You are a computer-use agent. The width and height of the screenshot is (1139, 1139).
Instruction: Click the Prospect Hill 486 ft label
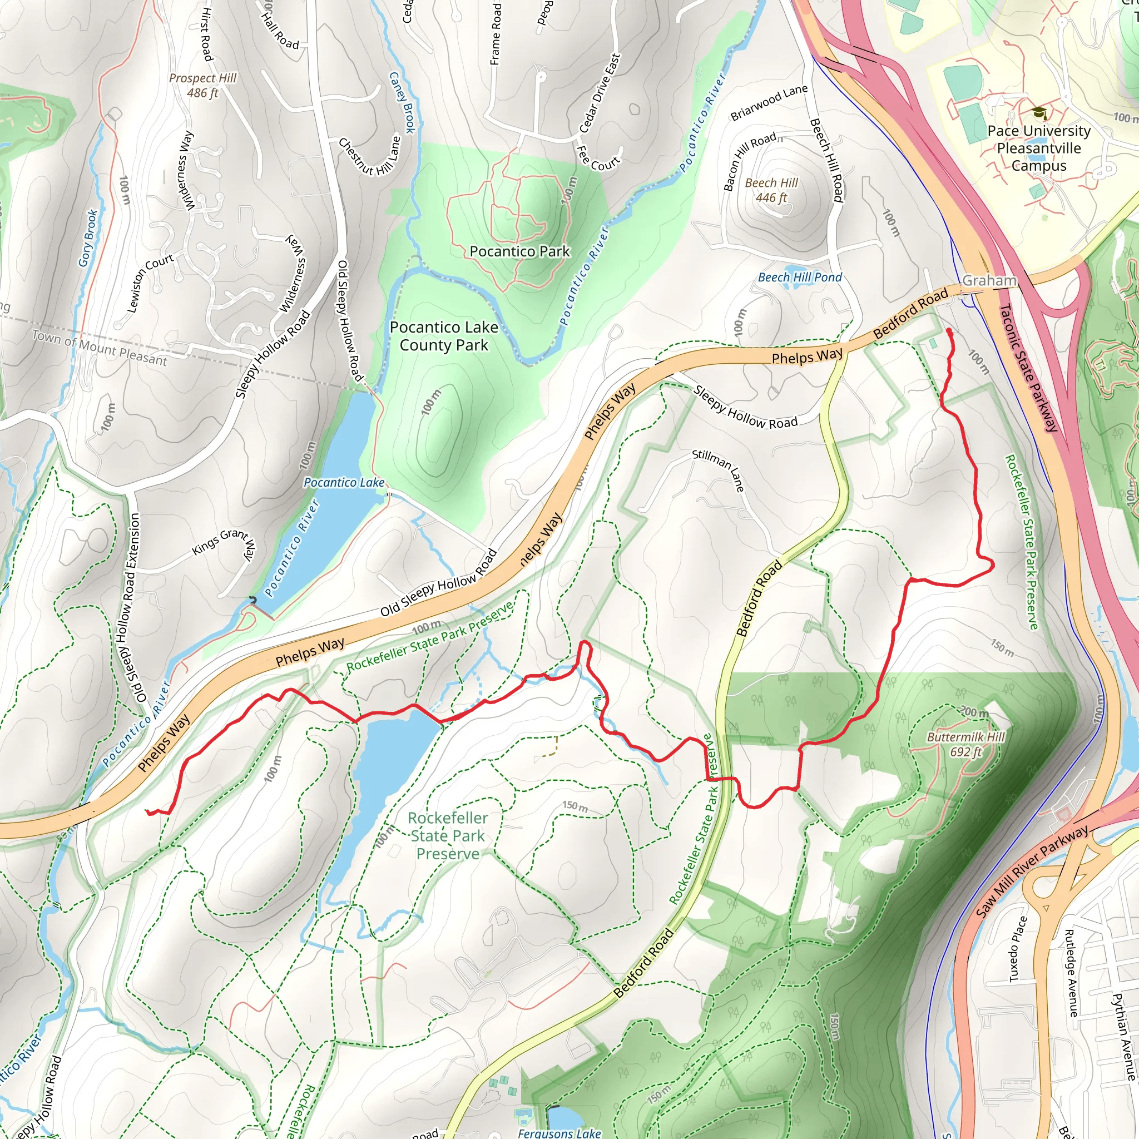tap(202, 86)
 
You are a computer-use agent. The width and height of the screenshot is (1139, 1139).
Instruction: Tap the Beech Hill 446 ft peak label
tap(771, 190)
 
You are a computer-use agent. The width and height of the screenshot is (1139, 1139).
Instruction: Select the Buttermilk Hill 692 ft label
tap(965, 744)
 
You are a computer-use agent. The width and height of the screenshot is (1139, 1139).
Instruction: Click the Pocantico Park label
tap(519, 252)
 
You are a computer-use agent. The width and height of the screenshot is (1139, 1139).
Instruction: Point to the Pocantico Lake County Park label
tap(444, 336)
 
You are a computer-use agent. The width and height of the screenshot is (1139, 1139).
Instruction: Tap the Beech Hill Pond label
tap(799, 277)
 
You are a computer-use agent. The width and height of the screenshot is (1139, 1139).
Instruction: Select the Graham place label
tap(989, 281)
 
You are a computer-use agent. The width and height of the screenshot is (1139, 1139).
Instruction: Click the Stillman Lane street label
tap(718, 470)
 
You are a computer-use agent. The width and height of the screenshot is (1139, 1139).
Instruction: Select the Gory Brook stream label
tap(88, 238)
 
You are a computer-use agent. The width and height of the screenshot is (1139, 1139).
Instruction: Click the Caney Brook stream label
tap(402, 102)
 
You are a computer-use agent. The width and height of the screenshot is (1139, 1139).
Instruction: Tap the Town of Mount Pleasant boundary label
tap(99, 348)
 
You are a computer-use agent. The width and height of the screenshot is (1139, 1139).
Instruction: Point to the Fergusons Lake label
tap(559, 1132)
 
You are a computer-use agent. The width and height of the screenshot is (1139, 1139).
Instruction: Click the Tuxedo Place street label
tap(1018, 949)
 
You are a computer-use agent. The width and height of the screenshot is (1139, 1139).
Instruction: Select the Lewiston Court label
tap(150, 283)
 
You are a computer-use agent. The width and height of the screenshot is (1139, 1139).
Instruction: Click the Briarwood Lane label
tap(769, 102)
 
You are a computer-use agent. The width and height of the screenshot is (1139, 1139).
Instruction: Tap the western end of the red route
tap(147, 812)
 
